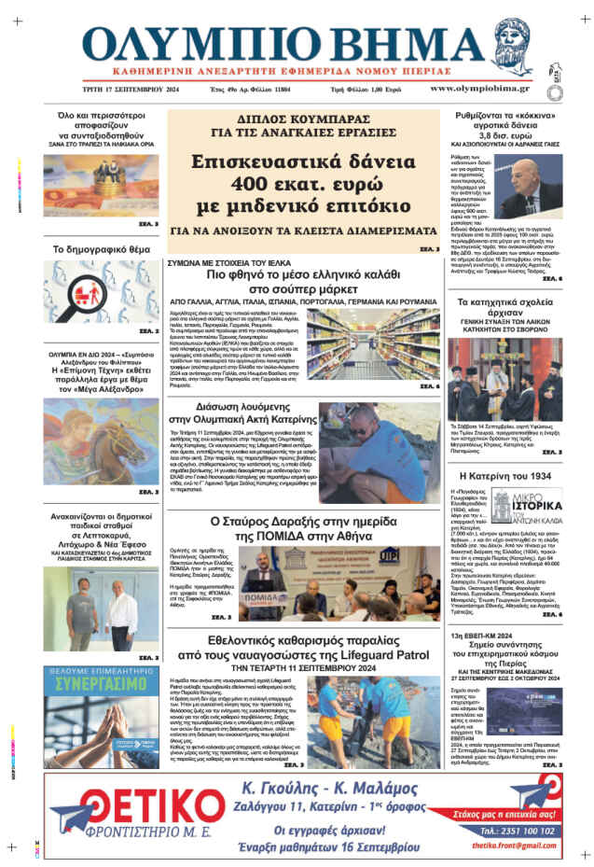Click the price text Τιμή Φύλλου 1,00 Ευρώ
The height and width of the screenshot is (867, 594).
[x=366, y=89]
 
